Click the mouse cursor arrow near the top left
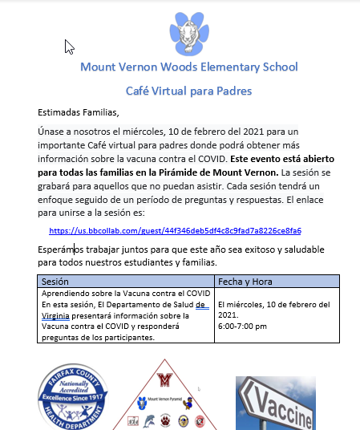pyautogui.click(x=69, y=47)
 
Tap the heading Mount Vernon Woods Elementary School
pyautogui.click(x=188, y=67)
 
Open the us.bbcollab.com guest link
pyautogui.click(x=175, y=230)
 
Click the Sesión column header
pyautogui.click(x=55, y=282)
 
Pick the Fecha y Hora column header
pyautogui.click(x=245, y=282)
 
